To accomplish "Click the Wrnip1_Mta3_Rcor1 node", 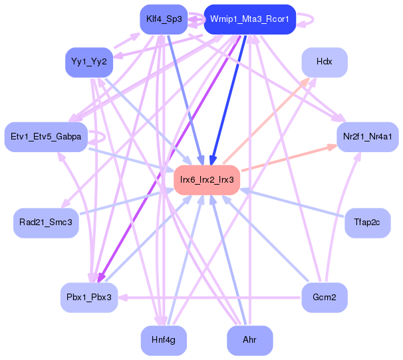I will coord(249,19).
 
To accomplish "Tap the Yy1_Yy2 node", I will coord(89,62).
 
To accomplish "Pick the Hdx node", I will coord(325,62).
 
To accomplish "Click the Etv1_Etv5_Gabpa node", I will coord(46,137).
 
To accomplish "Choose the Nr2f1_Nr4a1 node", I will coord(367,137).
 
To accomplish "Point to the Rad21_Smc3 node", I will coord(46,222).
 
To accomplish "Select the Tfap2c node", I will coord(367,222).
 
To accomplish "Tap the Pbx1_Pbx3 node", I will coord(89,297).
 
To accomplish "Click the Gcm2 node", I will coord(325,297).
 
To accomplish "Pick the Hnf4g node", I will coord(163,340).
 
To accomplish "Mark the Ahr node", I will coord(249,340).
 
